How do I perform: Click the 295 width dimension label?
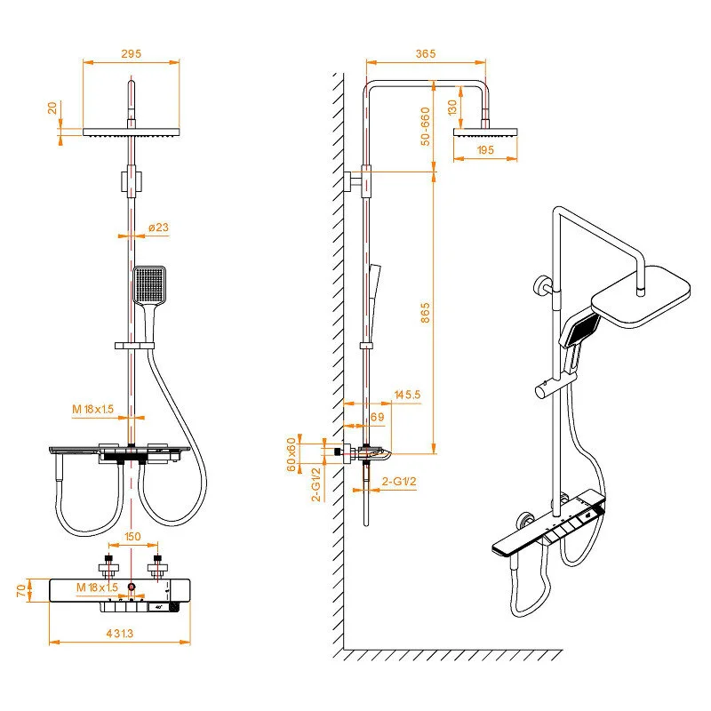point(132,53)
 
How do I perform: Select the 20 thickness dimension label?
point(52,108)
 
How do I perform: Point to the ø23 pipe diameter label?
point(158,228)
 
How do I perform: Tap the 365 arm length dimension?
point(425,53)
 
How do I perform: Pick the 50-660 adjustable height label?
point(425,125)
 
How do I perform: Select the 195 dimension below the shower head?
point(484,151)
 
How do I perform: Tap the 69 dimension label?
point(376,416)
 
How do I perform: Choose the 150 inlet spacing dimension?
point(132,537)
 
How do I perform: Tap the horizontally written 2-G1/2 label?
point(399,481)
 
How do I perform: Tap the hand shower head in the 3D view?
point(583,332)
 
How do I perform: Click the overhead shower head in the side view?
point(485,133)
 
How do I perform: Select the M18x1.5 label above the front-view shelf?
point(95,409)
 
